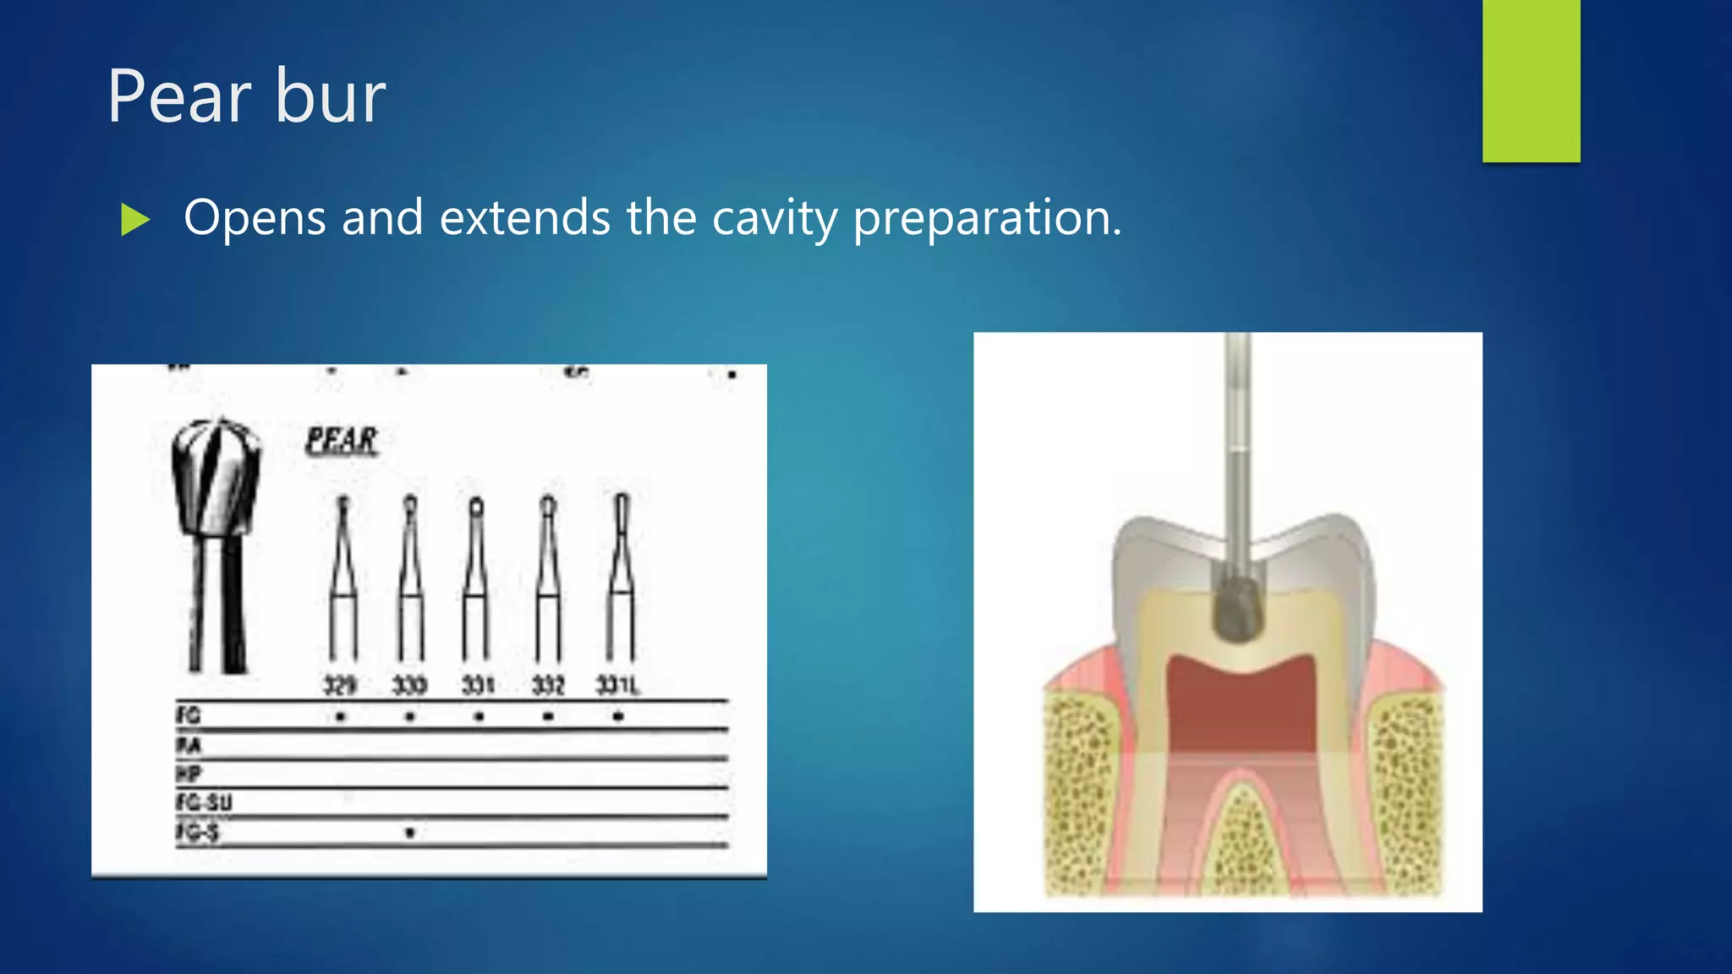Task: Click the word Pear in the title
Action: pos(178,97)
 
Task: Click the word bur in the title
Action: pos(331,97)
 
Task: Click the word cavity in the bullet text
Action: pos(774,219)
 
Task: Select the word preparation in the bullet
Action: pos(986,219)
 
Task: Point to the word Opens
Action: pos(255,219)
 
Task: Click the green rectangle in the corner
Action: pos(1531,80)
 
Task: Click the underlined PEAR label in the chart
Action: pos(342,440)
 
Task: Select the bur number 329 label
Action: pos(340,684)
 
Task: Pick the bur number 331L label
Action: pos(618,684)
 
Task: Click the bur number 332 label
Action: pos(548,684)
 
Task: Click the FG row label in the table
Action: pos(189,715)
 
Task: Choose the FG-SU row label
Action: pos(204,802)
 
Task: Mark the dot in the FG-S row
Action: pos(410,833)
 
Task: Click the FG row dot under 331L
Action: pos(618,716)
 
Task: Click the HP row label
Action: pos(189,773)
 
